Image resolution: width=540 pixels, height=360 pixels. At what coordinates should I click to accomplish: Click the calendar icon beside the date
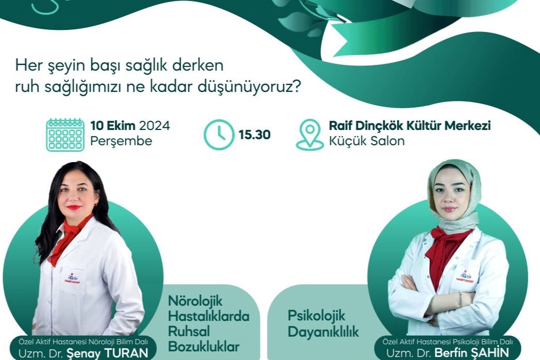[65, 135]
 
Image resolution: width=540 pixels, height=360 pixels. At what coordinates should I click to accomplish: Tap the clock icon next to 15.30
[219, 135]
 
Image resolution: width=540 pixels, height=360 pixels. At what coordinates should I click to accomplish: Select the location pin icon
[310, 135]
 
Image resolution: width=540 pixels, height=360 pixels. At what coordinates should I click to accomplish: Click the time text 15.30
[254, 135]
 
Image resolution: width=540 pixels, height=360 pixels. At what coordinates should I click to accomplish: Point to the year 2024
[154, 126]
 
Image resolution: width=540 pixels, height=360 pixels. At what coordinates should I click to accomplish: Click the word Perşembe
[121, 141]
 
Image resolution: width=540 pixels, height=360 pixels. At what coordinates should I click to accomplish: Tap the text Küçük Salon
[367, 141]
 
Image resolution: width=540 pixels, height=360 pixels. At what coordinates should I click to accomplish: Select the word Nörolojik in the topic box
[195, 302]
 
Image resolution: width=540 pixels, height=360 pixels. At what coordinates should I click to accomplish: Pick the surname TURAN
[126, 353]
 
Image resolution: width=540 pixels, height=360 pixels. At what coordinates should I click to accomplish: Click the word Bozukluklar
[204, 347]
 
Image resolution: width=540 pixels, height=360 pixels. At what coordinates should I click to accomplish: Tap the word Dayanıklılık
[323, 332]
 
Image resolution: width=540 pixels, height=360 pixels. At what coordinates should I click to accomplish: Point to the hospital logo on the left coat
[72, 279]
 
